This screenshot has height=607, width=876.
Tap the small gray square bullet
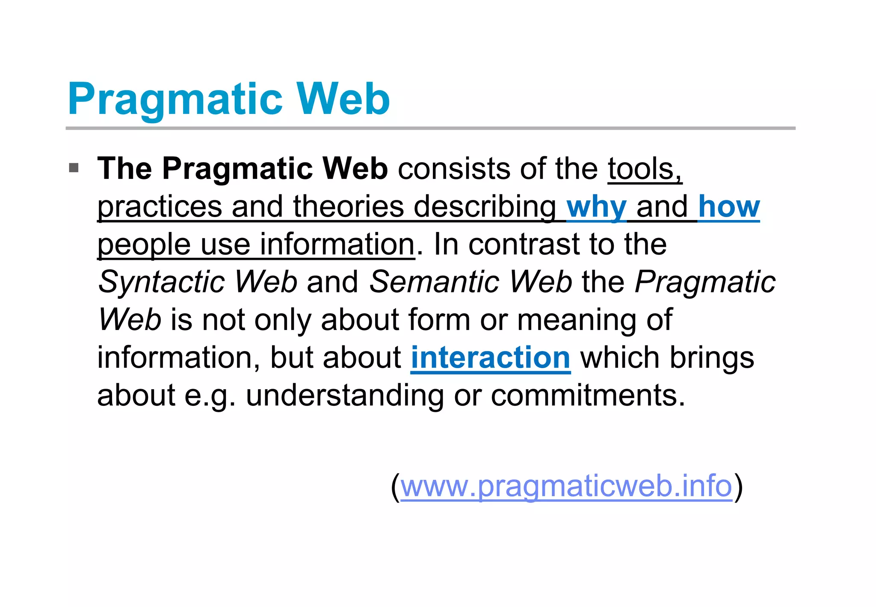(x=74, y=167)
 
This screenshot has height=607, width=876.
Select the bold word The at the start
(x=124, y=168)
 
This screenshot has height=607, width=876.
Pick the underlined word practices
(x=160, y=207)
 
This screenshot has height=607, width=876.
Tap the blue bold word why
(x=596, y=207)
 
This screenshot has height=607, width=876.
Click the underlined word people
(x=144, y=245)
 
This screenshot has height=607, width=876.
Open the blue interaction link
(x=490, y=357)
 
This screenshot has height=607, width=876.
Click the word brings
(x=711, y=357)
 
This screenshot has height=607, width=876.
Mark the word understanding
(x=345, y=396)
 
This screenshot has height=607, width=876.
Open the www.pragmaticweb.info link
(x=566, y=486)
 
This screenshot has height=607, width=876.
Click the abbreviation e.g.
(x=210, y=396)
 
